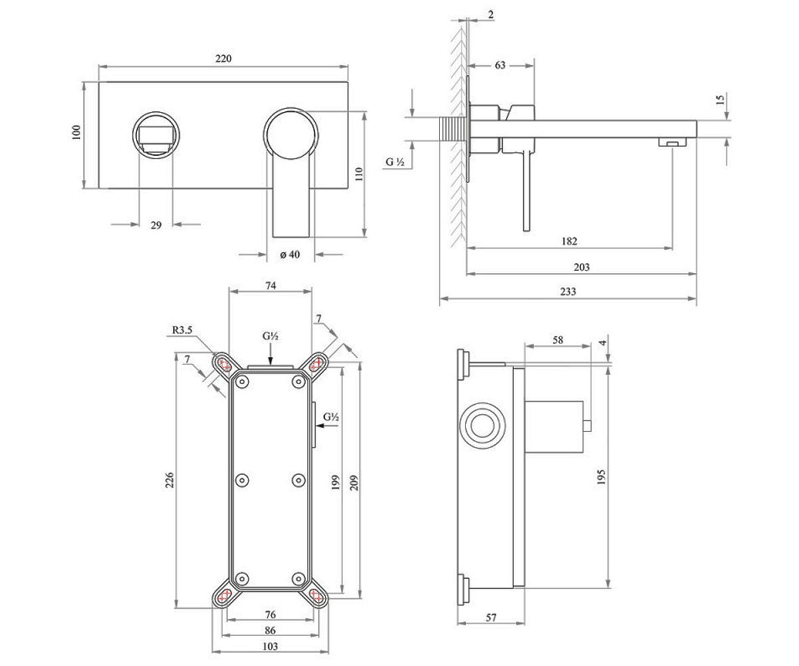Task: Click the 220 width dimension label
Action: pyautogui.click(x=224, y=59)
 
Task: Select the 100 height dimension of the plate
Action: pyautogui.click(x=77, y=132)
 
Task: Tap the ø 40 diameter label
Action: pyautogui.click(x=290, y=254)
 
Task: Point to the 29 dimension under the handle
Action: pyautogui.click(x=156, y=225)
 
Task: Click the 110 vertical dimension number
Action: pyautogui.click(x=359, y=174)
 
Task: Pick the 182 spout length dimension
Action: pyautogui.click(x=569, y=241)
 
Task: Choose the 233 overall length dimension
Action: pyautogui.click(x=568, y=292)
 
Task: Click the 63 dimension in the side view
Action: pyautogui.click(x=500, y=65)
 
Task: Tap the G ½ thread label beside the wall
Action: pyautogui.click(x=396, y=162)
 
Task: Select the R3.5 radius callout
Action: pyautogui.click(x=182, y=330)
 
